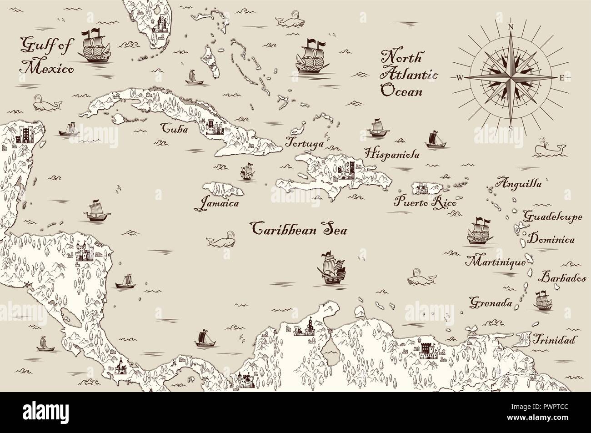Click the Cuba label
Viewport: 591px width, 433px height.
tap(175, 129)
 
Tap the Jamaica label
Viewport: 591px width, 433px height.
tap(217, 203)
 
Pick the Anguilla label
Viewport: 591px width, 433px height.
tap(518, 184)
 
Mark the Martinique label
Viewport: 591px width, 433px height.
tap(495, 262)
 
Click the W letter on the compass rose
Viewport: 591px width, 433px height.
tap(460, 78)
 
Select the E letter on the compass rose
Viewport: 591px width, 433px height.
tap(561, 78)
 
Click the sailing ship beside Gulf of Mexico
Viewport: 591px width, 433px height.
tap(95, 47)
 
